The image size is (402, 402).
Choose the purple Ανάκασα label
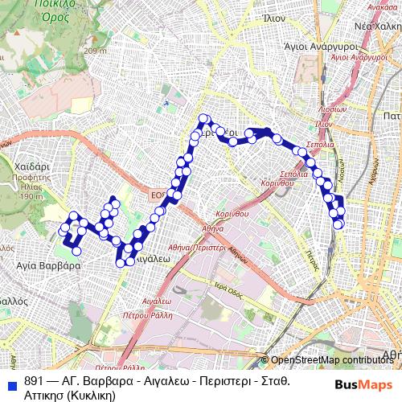click(x=384, y=6)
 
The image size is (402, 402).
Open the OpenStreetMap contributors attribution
click(x=332, y=360)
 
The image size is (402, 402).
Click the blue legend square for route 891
click(x=11, y=381)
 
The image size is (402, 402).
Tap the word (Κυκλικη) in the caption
click(x=92, y=395)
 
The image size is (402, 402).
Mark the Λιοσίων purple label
click(x=331, y=109)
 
